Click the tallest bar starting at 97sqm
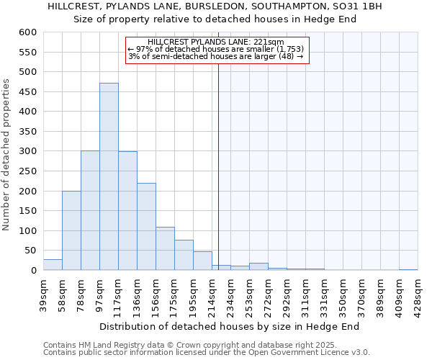[109, 176]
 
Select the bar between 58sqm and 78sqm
[71, 230]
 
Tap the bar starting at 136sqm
[146, 227]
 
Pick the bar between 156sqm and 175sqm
[165, 249]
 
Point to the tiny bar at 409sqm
[408, 269]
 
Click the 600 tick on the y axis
[27, 32]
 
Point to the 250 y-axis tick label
[27, 171]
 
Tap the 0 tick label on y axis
[33, 271]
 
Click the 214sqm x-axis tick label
[212, 292]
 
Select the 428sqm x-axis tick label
[418, 292]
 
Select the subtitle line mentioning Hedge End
[215, 19]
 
